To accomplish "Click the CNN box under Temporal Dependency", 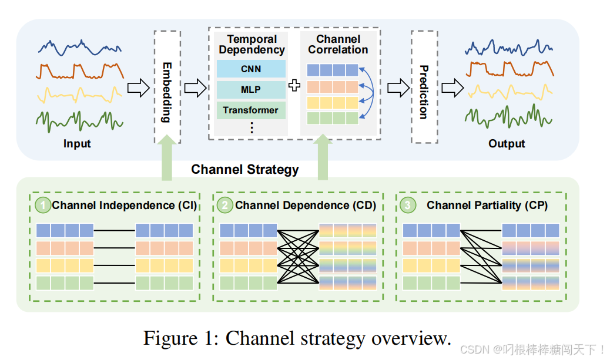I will point(251,69).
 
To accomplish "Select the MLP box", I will point(251,90).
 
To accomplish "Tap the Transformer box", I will point(251,110).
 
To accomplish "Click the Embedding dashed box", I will point(167,86).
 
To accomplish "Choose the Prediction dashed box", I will point(424,86).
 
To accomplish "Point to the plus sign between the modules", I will point(294,86).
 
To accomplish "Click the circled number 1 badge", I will point(43,205).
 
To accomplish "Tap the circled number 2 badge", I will point(225,205).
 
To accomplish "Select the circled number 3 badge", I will point(408,205).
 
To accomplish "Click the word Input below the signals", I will point(78,144).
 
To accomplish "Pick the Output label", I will point(507,144).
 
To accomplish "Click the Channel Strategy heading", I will point(245,170).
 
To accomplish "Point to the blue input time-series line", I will point(81,46).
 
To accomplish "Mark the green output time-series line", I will point(508,115).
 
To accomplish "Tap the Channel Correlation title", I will point(338,45).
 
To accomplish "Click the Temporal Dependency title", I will point(252,45).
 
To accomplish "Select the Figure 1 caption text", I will point(297,339).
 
